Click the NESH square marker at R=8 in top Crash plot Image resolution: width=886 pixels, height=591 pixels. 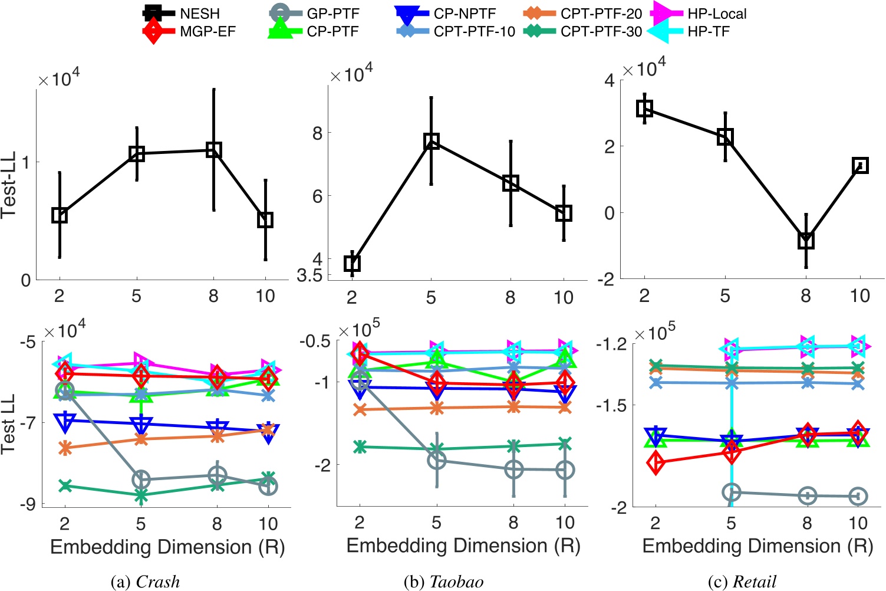click(213, 150)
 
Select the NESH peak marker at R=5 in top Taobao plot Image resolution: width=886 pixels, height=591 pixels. click(432, 141)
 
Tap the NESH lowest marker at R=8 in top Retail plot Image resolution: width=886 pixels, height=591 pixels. click(806, 240)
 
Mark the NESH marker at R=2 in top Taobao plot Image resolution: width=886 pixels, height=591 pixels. click(352, 263)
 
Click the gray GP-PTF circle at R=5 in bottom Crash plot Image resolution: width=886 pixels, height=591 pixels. click(141, 479)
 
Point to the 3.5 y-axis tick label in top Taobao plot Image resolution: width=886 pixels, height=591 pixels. click(310, 275)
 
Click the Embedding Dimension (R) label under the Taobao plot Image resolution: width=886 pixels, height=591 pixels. click(463, 546)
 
